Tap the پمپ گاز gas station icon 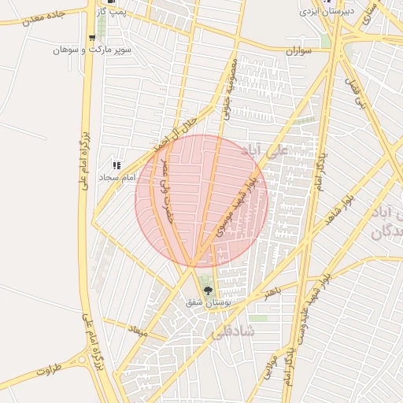coord(111,2)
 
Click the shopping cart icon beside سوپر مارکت coord(94,37)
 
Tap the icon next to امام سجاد coord(117,165)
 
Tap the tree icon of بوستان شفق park coord(208,290)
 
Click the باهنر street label coord(272,293)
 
